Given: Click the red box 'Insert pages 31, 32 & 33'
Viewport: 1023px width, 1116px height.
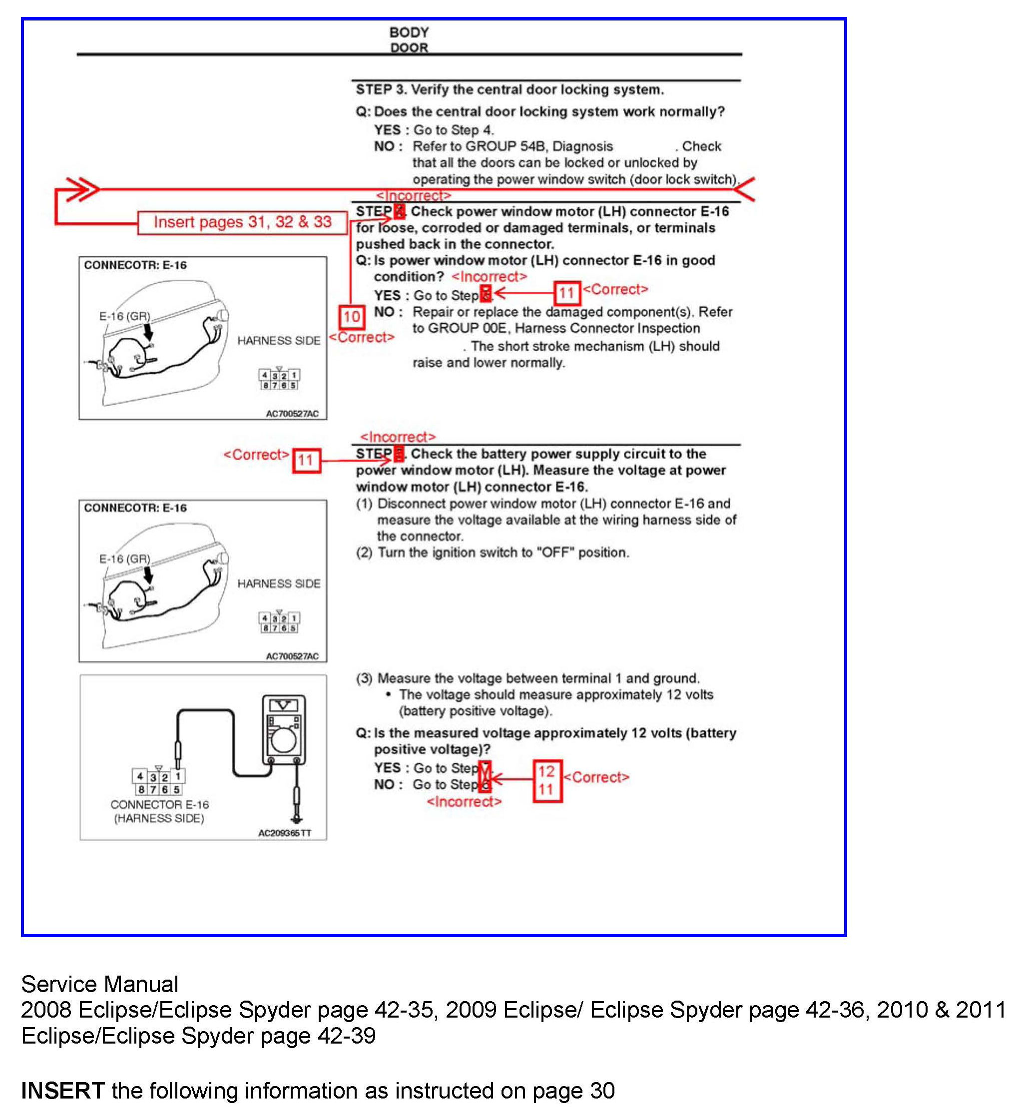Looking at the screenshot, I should coord(242,222).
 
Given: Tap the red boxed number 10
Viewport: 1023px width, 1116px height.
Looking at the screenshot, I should coord(352,317).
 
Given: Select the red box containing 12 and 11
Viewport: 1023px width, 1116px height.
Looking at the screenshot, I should coord(547,780).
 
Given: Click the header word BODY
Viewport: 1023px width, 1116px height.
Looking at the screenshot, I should coord(409,32).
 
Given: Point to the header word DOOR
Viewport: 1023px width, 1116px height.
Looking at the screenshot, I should coord(409,47).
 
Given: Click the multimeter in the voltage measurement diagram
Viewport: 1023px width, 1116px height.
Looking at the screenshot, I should coord(283,730).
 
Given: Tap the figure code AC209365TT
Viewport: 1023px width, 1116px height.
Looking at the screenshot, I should coord(284,833).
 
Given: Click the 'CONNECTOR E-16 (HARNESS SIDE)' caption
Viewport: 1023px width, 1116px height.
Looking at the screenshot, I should coord(159,812).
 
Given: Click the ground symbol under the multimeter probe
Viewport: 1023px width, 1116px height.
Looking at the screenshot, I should coord(297,818).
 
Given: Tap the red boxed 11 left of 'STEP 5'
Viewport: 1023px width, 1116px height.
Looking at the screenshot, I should coord(306,460).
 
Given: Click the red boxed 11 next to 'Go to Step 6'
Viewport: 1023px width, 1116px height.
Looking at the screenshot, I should coord(567,293).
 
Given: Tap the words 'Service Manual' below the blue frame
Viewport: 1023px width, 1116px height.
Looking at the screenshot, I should coord(99,984).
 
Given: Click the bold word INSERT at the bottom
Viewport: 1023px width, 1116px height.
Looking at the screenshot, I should coord(62,1091).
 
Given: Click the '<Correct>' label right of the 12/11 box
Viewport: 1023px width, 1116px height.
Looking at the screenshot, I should coord(597,777).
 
